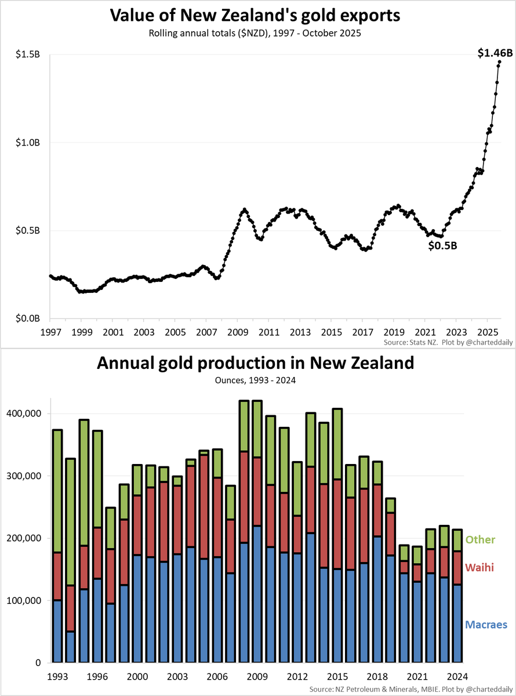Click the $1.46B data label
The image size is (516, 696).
(495, 53)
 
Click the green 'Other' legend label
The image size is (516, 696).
(480, 540)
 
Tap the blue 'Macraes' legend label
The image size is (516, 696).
(486, 625)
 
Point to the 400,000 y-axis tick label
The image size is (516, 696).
(24, 414)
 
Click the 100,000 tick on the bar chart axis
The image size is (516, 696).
(24, 600)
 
